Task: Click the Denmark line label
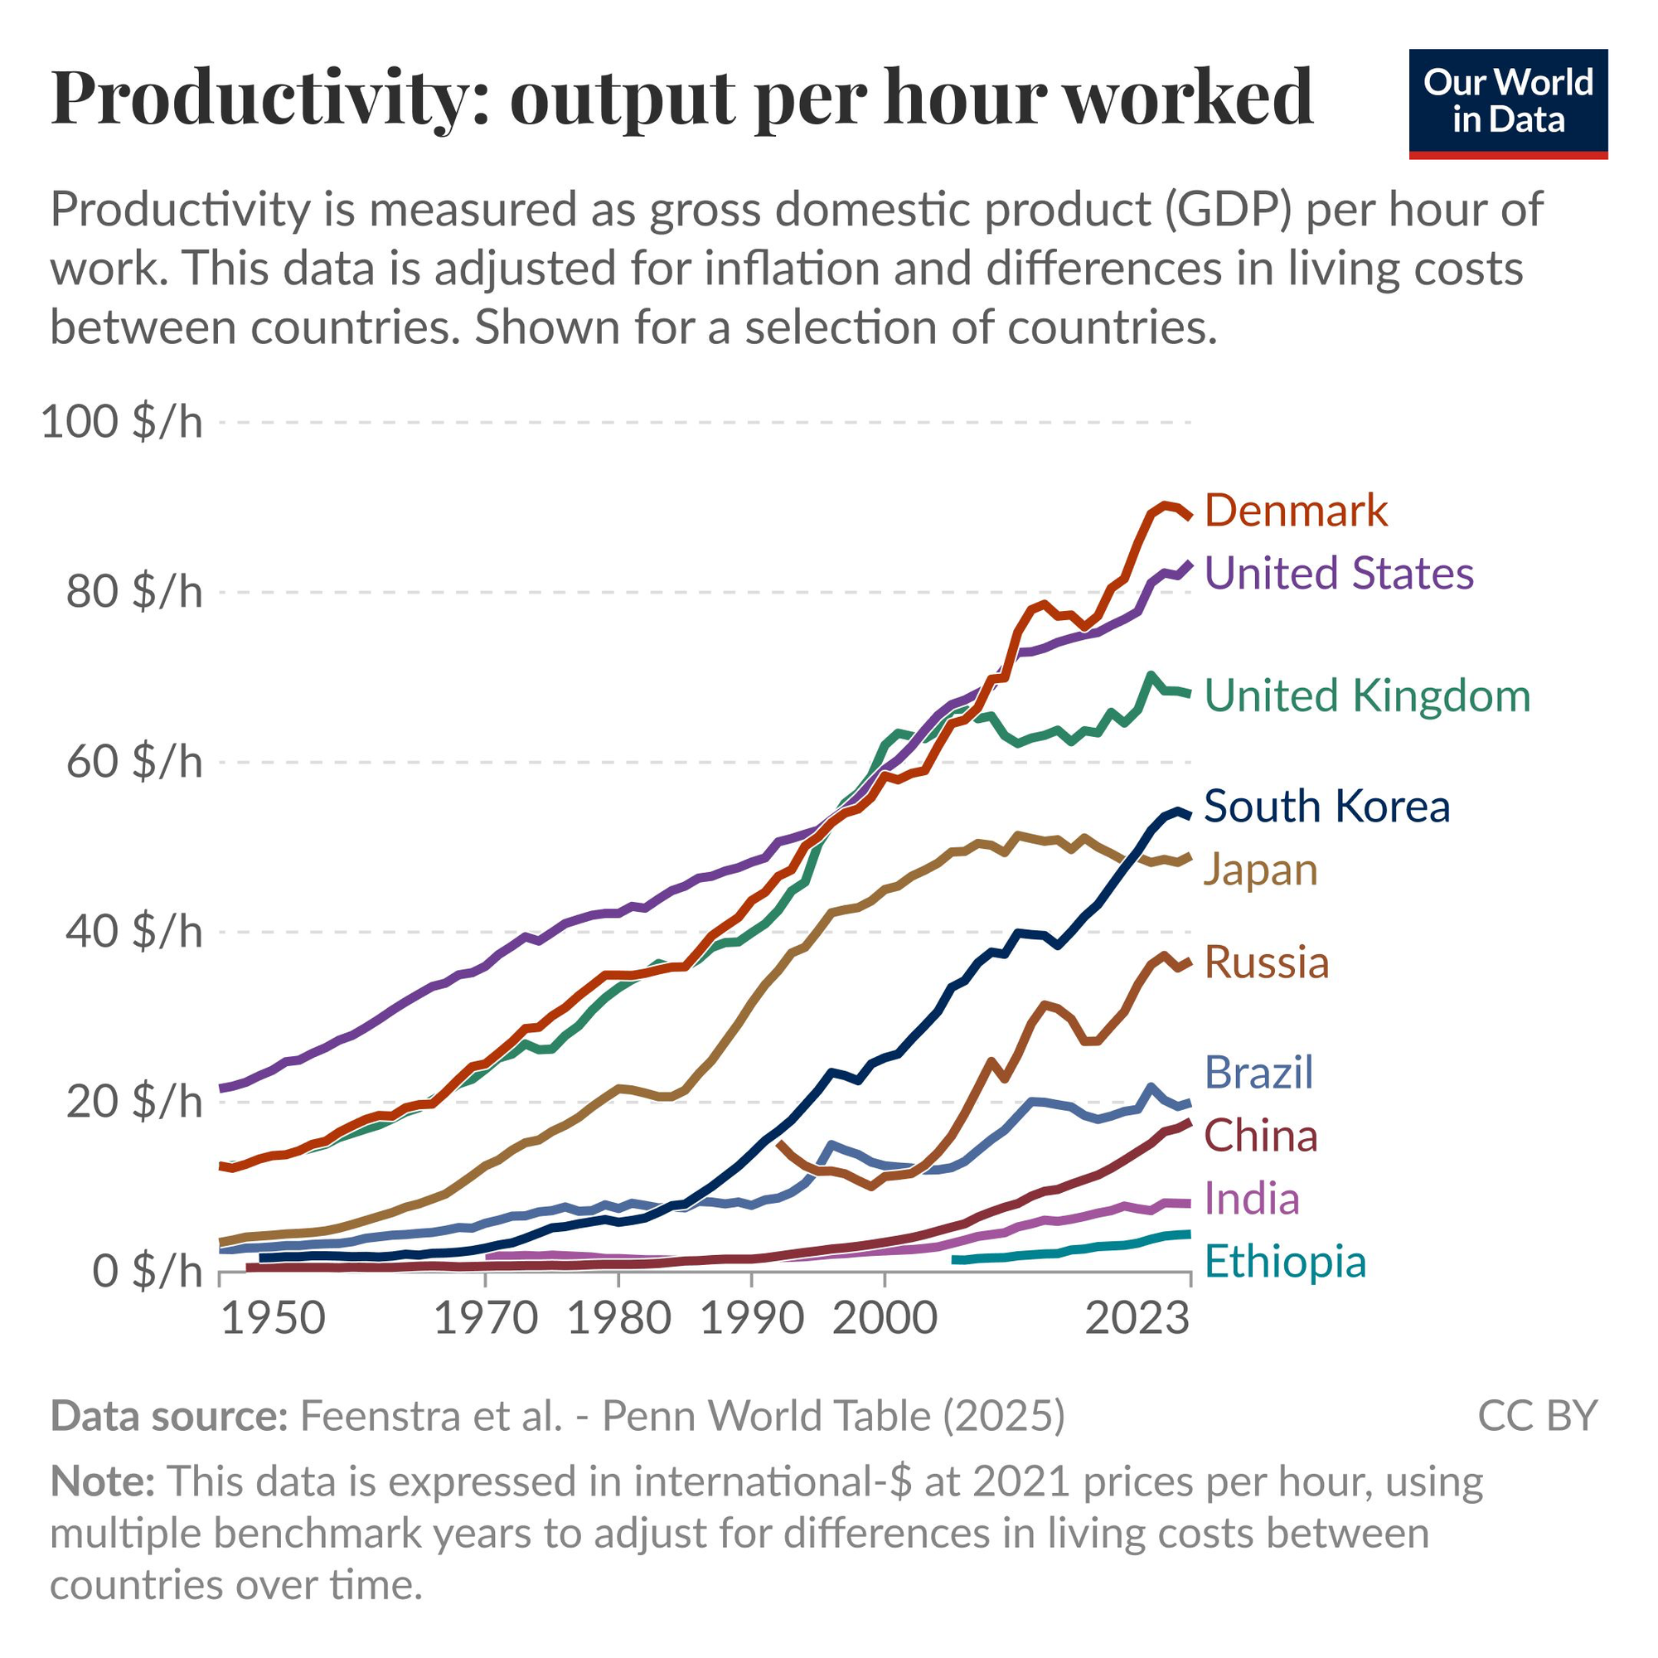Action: pyautogui.click(x=1295, y=511)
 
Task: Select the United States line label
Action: pyautogui.click(x=1339, y=574)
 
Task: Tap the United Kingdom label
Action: pyautogui.click(x=1367, y=696)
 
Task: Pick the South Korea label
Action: pyautogui.click(x=1326, y=807)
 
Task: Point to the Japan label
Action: pyautogui.click(x=1260, y=870)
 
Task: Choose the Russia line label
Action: pyautogui.click(x=1267, y=962)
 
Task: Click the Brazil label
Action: pyautogui.click(x=1259, y=1073)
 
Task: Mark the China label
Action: pyautogui.click(x=1261, y=1136)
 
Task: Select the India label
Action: pyautogui.click(x=1251, y=1198)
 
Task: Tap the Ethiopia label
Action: pyautogui.click(x=1285, y=1262)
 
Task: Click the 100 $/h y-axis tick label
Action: pyautogui.click(x=122, y=422)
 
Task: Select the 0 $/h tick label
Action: pyautogui.click(x=147, y=1271)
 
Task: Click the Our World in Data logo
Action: pyautogui.click(x=1508, y=104)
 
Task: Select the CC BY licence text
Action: pyautogui.click(x=1537, y=1416)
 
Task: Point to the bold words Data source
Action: pyautogui.click(x=168, y=1416)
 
